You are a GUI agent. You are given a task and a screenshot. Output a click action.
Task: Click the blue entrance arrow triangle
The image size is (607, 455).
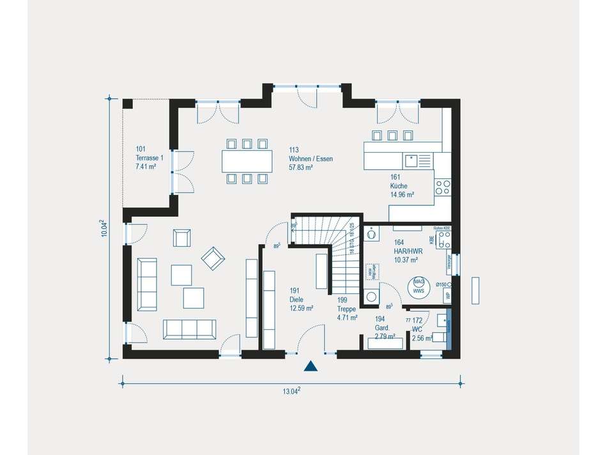311,366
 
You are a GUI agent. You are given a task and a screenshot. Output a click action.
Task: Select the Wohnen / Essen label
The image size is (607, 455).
311,158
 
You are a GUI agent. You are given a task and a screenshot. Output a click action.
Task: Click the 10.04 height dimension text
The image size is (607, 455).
103,229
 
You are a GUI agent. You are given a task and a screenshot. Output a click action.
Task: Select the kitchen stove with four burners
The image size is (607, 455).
442,186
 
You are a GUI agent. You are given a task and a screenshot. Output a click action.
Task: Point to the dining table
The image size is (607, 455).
246,160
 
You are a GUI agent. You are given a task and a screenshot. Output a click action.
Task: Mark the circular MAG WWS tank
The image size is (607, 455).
419,286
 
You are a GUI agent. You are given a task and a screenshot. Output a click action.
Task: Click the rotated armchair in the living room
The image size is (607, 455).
213,258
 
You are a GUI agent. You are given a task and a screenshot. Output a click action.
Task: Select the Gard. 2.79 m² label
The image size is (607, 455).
385,331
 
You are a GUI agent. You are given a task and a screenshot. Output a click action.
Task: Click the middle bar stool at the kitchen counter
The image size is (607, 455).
392,135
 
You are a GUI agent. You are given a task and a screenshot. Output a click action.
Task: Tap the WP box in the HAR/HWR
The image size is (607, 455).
448,295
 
